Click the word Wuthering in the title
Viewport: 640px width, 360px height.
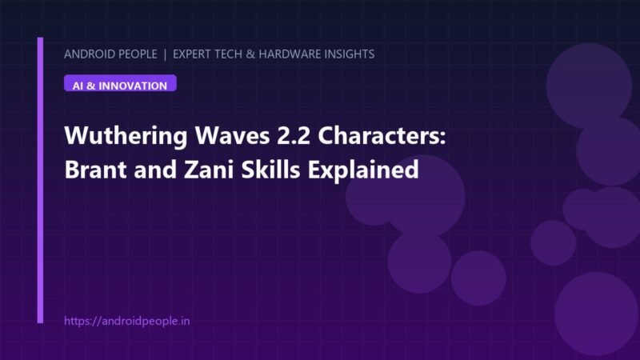tap(126, 136)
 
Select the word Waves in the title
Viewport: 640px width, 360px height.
tap(232, 135)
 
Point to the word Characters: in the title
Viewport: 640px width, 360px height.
tap(382, 135)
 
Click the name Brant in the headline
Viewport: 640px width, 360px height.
tap(96, 170)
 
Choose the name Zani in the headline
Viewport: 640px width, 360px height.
tap(209, 170)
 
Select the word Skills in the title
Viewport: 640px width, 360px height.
tap(270, 169)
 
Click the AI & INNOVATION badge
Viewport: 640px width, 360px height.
tap(120, 83)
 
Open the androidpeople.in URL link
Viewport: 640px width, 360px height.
tap(127, 321)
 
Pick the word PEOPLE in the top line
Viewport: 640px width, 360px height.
tap(137, 54)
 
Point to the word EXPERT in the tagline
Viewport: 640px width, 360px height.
tap(193, 54)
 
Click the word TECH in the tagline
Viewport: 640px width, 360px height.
tap(230, 54)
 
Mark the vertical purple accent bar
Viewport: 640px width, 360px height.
tap(40, 180)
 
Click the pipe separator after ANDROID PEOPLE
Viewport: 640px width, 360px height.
tap(165, 54)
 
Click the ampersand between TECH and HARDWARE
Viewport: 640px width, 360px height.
tap(250, 54)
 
